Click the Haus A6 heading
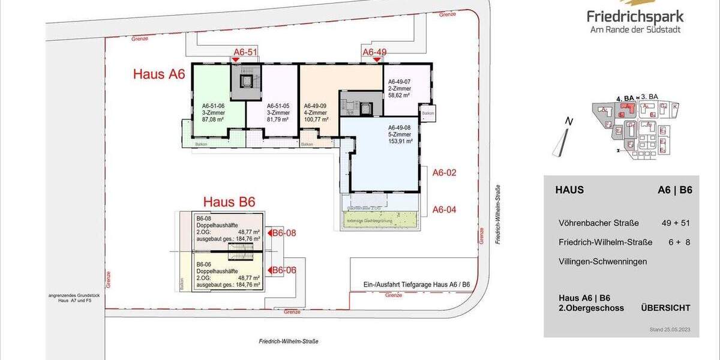coord(158,74)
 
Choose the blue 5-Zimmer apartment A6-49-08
coord(384,156)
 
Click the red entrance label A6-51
coord(245,52)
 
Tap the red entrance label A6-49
coord(374,52)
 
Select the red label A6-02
coord(445,173)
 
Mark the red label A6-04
coord(445,209)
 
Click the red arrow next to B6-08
coord(269,233)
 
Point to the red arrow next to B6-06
coord(269,271)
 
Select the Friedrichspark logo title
coord(635,17)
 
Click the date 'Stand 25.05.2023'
coord(670,330)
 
